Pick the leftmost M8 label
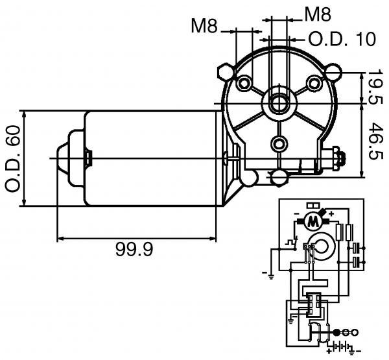[x=205, y=26]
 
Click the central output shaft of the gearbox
[x=279, y=102]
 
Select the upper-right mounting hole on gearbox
[x=314, y=83]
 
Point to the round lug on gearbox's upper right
[x=335, y=70]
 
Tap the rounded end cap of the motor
[x=71, y=158]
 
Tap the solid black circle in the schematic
[x=337, y=331]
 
